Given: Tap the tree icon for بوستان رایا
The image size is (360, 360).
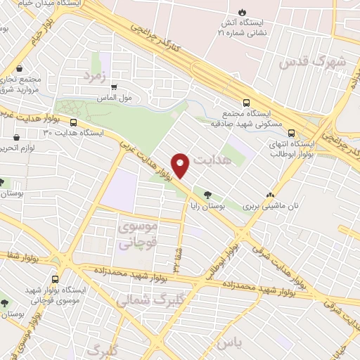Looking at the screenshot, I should (207, 195).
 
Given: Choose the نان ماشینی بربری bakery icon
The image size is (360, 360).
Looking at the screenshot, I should (271, 195).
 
